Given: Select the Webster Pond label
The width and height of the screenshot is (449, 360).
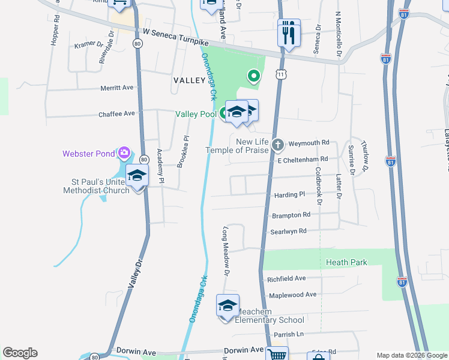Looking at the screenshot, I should (x=88, y=154).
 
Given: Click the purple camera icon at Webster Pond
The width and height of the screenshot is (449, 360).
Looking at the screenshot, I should (x=124, y=153).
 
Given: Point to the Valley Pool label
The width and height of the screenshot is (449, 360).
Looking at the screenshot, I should (x=196, y=114).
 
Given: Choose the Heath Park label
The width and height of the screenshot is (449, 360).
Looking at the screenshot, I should (x=346, y=262).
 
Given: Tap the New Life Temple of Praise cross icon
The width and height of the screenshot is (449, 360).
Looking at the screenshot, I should (x=277, y=145).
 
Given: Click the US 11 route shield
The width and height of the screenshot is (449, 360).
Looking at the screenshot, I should (x=281, y=74).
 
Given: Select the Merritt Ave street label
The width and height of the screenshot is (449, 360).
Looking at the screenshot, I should (x=117, y=88).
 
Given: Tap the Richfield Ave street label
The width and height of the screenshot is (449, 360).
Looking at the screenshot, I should (x=287, y=278).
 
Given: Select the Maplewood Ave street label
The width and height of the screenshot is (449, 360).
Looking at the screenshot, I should (x=292, y=295).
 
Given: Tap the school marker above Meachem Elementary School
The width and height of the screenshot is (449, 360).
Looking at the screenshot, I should (x=228, y=306).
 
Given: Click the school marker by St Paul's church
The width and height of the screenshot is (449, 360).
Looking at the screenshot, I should (x=137, y=176).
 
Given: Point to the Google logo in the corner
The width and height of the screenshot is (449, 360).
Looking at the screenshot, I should (x=20, y=353).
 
